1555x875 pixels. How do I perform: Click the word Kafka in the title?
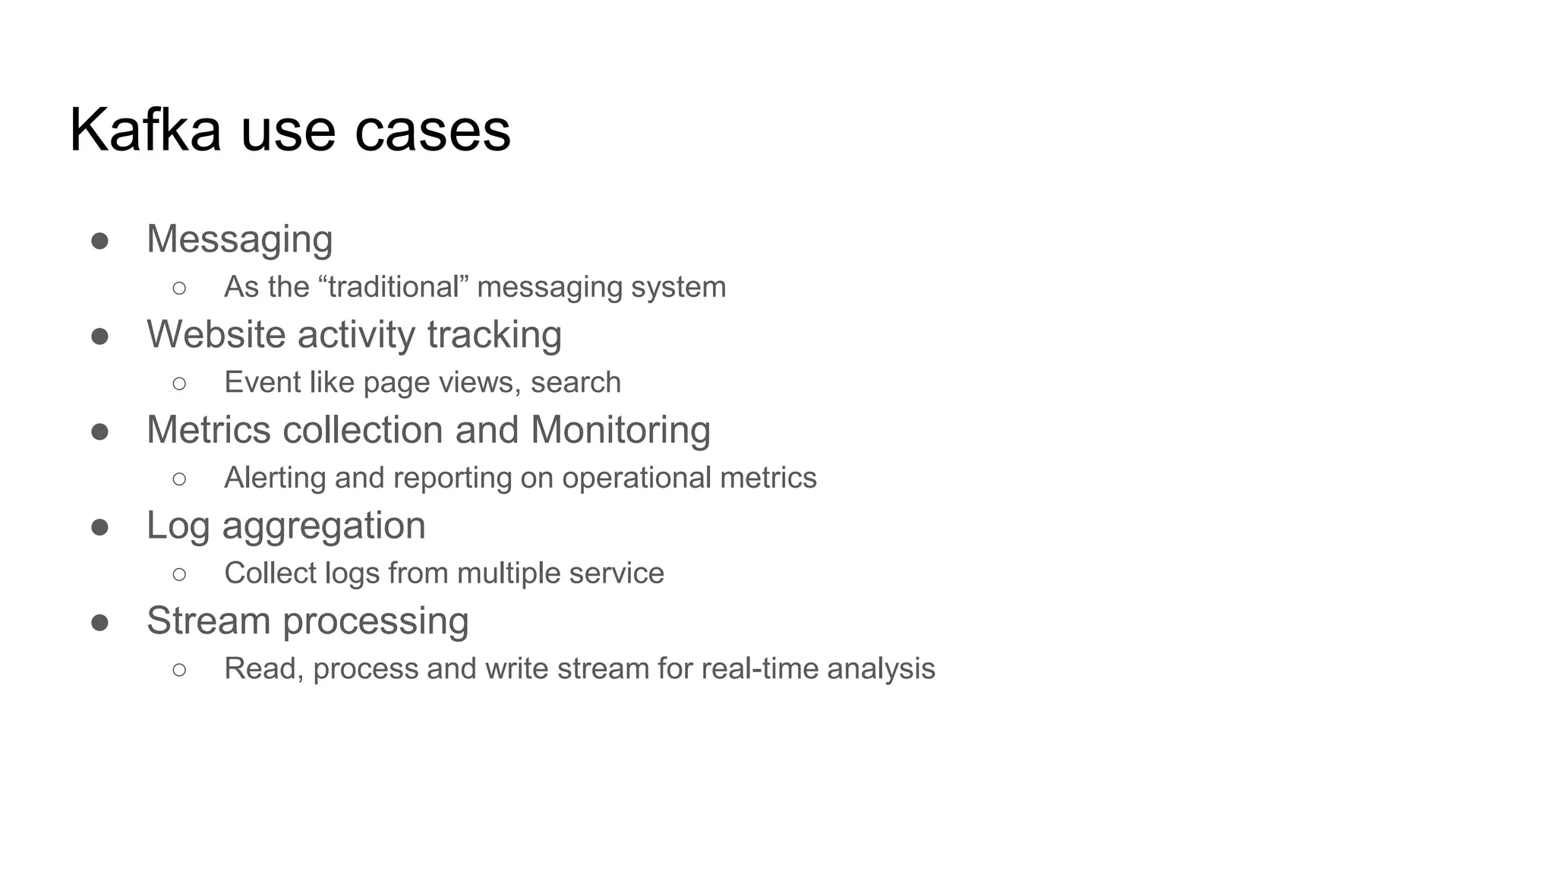point(145,130)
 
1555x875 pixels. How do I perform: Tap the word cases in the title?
point(433,131)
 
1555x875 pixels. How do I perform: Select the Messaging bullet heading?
point(239,239)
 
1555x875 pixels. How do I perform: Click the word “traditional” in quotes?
point(393,287)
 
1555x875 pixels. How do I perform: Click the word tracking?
point(494,335)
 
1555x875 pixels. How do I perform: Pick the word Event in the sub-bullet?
point(251,382)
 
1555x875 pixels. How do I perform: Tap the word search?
point(576,382)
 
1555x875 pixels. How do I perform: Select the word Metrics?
point(208,430)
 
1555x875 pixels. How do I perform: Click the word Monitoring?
point(620,430)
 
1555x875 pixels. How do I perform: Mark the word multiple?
point(508,573)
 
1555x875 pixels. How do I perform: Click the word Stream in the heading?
point(208,621)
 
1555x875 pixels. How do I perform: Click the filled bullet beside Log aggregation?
point(99,527)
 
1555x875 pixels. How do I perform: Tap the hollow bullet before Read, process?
point(179,669)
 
